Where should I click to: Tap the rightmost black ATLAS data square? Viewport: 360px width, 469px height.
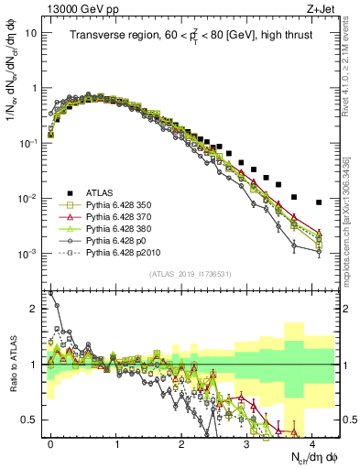pos(319,202)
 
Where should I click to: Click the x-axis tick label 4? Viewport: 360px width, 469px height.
pos(312,442)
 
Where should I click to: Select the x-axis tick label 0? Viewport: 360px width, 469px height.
pos(51,442)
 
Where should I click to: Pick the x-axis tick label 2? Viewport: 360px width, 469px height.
pos(182,442)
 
